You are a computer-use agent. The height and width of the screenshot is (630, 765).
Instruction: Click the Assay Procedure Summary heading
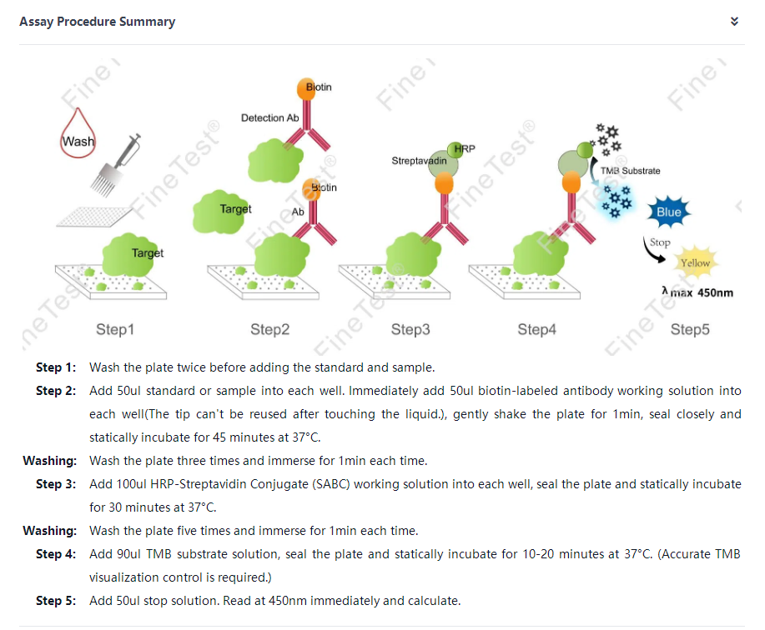tap(97, 22)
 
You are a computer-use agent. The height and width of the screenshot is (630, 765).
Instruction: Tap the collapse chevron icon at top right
tap(734, 22)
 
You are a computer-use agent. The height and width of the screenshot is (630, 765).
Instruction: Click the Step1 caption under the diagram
tap(115, 329)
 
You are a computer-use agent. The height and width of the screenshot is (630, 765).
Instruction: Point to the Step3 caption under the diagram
tap(410, 329)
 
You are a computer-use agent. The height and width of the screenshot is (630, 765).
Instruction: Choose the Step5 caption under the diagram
tap(690, 329)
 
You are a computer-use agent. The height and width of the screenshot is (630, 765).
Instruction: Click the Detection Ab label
tap(269, 117)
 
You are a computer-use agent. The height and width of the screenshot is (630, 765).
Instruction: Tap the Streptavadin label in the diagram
tap(419, 160)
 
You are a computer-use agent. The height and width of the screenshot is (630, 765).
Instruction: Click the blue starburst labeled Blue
tap(669, 212)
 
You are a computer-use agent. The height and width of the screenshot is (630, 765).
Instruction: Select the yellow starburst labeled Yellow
tap(695, 262)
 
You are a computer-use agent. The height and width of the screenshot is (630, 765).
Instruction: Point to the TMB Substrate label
tap(630, 171)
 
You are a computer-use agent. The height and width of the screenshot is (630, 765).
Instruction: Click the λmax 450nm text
tap(697, 292)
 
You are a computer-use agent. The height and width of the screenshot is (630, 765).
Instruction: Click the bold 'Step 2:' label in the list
tap(56, 391)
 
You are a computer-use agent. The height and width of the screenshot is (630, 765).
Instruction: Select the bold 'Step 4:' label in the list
tap(56, 554)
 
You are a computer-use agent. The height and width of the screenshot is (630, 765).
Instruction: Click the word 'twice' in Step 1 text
tap(191, 367)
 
